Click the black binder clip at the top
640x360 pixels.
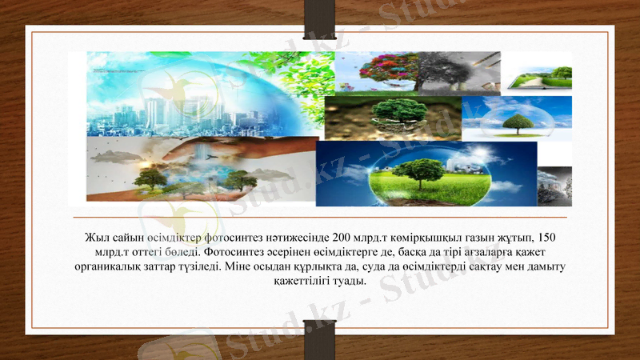(x=319, y=18)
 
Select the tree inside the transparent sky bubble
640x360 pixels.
(x=518, y=122)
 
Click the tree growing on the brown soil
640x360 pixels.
(x=399, y=112)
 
